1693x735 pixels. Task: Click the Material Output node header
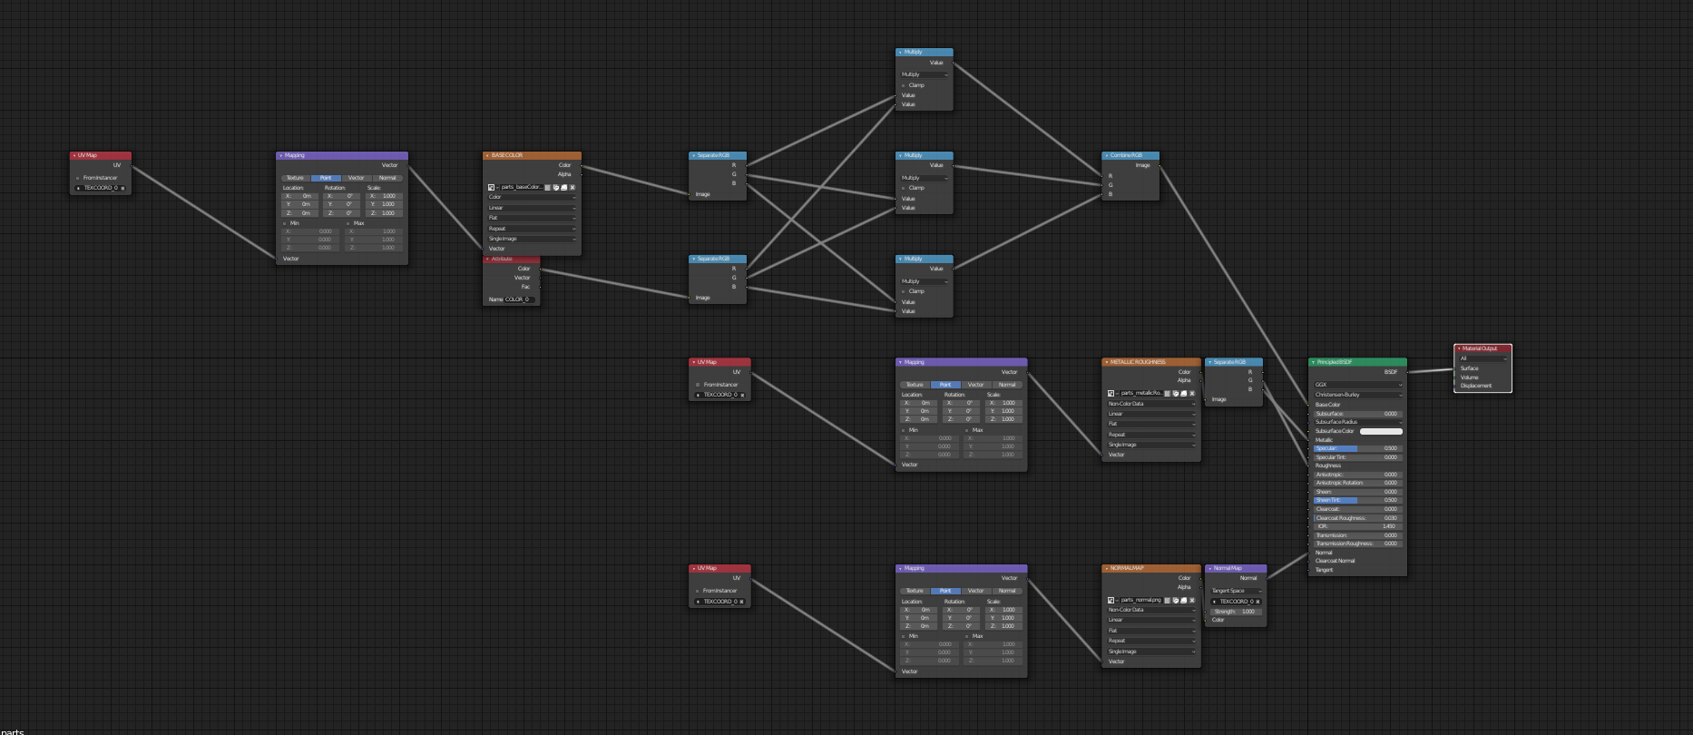pyautogui.click(x=1483, y=348)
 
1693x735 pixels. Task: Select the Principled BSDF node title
pyautogui.click(x=1356, y=362)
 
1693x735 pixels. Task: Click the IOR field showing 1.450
pyautogui.click(x=1357, y=526)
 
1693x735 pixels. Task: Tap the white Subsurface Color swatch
pyautogui.click(x=1381, y=431)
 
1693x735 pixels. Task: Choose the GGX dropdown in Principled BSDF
pyautogui.click(x=1357, y=385)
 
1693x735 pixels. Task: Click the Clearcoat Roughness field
pyautogui.click(x=1357, y=518)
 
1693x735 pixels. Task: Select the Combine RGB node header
pyautogui.click(x=1130, y=155)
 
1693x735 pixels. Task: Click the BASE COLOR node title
pyautogui.click(x=531, y=155)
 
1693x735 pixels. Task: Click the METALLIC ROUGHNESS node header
pyautogui.click(x=1150, y=362)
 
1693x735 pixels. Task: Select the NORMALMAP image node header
pyautogui.click(x=1150, y=568)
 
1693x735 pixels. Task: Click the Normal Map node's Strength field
pyautogui.click(x=1235, y=612)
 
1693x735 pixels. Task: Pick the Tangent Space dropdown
pyautogui.click(x=1235, y=591)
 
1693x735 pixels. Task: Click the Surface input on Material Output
pyautogui.click(x=1470, y=368)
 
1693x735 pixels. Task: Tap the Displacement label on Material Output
pyautogui.click(x=1476, y=386)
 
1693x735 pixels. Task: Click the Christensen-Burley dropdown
pyautogui.click(x=1357, y=395)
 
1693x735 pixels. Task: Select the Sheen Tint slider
pyautogui.click(x=1357, y=500)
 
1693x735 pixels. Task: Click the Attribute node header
pyautogui.click(x=511, y=259)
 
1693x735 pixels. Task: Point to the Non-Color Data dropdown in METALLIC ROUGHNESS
pyautogui.click(x=1150, y=404)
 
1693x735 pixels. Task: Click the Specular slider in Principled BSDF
pyautogui.click(x=1357, y=448)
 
